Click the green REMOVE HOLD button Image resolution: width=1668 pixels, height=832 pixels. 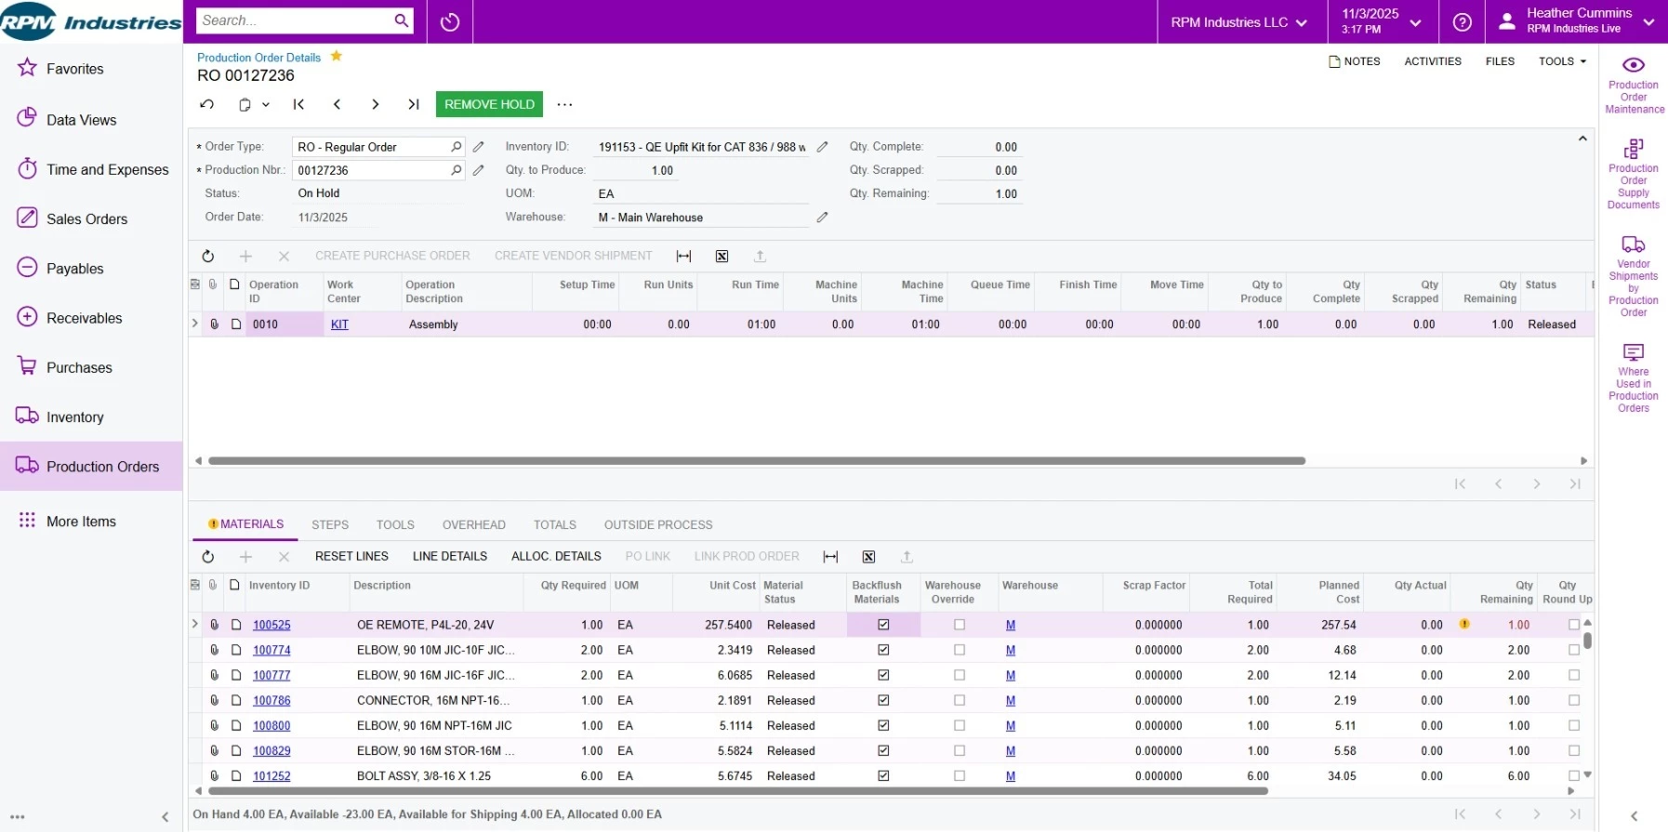[489, 104]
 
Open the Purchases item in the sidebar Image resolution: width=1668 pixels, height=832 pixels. [79, 367]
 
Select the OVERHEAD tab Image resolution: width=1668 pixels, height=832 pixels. [473, 525]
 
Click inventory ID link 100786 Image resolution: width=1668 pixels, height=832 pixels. [271, 701]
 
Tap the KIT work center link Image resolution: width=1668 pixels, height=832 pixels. [339, 324]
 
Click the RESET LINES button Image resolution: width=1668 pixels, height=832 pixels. [351, 557]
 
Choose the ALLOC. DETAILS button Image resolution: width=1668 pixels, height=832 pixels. [556, 557]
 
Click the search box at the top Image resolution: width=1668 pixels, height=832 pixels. [296, 20]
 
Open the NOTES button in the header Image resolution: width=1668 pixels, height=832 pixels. [1355, 61]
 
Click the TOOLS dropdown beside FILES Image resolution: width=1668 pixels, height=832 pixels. [1562, 61]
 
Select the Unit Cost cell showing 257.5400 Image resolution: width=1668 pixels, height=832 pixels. [728, 626]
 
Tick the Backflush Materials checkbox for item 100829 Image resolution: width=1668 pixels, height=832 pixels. [883, 751]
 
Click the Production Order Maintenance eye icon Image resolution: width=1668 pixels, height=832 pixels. [1634, 65]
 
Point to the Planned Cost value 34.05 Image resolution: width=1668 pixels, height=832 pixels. [1342, 776]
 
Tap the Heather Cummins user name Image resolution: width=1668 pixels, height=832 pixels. [1579, 13]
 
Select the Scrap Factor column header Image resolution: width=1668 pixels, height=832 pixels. [1153, 586]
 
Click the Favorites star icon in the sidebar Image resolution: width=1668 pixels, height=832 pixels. [27, 68]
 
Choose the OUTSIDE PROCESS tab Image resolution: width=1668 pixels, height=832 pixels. [657, 525]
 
